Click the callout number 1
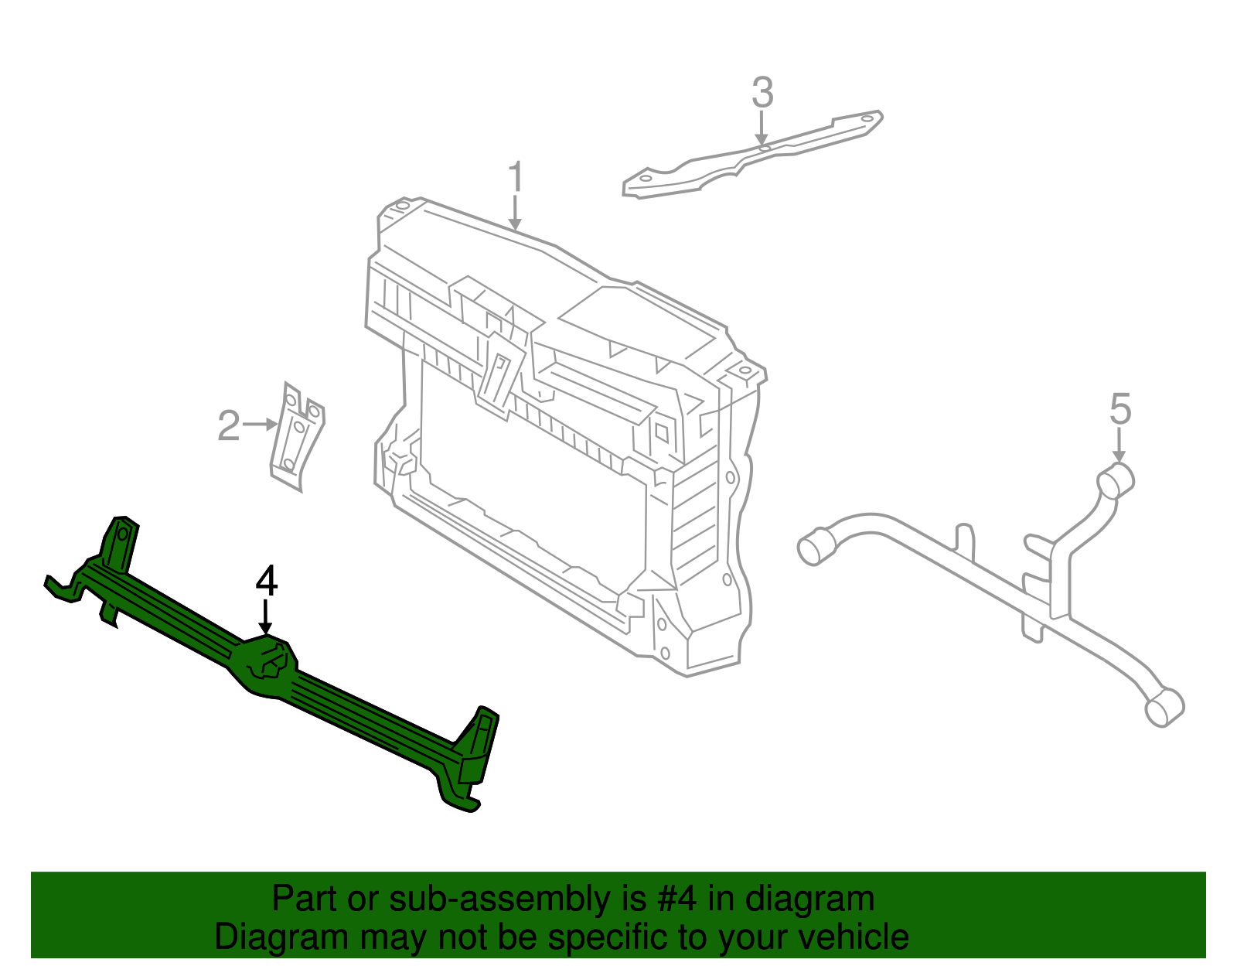click(516, 178)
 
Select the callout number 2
click(229, 426)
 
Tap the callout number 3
click(762, 94)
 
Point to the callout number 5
click(1120, 409)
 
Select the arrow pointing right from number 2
click(260, 424)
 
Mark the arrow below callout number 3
click(762, 127)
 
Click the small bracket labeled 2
click(297, 437)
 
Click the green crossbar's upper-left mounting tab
click(120, 541)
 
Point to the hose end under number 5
click(1117, 480)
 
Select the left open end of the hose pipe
click(814, 548)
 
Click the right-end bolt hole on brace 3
click(867, 119)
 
